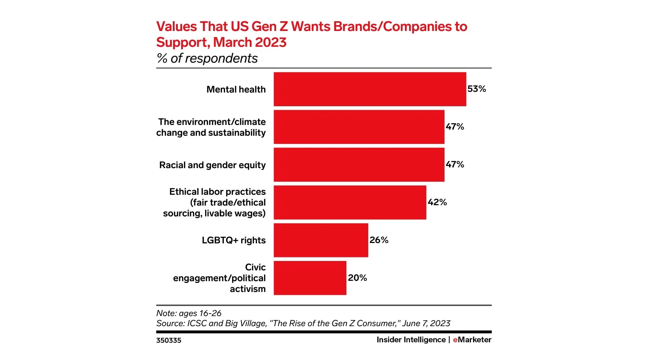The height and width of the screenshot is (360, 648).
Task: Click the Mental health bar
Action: [370, 89]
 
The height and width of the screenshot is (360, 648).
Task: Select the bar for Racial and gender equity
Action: [359, 165]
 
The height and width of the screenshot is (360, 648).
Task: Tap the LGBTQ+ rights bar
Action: [321, 240]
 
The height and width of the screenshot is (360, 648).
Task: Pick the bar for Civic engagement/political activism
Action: [310, 278]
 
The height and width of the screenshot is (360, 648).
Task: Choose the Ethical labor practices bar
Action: [350, 202]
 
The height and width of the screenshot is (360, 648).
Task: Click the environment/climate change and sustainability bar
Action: [359, 127]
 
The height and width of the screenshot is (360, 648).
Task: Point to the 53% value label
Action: [477, 89]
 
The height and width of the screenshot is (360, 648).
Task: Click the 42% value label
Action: [437, 202]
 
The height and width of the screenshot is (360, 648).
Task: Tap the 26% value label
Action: [379, 240]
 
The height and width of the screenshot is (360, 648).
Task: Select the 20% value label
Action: [357, 278]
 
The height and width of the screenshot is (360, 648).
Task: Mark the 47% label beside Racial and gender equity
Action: [455, 165]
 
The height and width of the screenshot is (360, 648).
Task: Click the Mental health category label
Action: [236, 89]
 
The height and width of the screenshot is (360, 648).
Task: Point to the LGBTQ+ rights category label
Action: [234, 240]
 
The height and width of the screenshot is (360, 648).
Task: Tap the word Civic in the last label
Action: [255, 267]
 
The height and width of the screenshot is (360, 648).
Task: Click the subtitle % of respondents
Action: [207, 58]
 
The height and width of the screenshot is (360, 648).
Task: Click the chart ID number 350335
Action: [168, 340]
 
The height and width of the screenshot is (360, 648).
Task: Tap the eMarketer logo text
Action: [472, 339]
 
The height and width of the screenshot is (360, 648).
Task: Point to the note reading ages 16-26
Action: [189, 313]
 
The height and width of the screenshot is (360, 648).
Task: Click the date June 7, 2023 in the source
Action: [426, 323]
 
